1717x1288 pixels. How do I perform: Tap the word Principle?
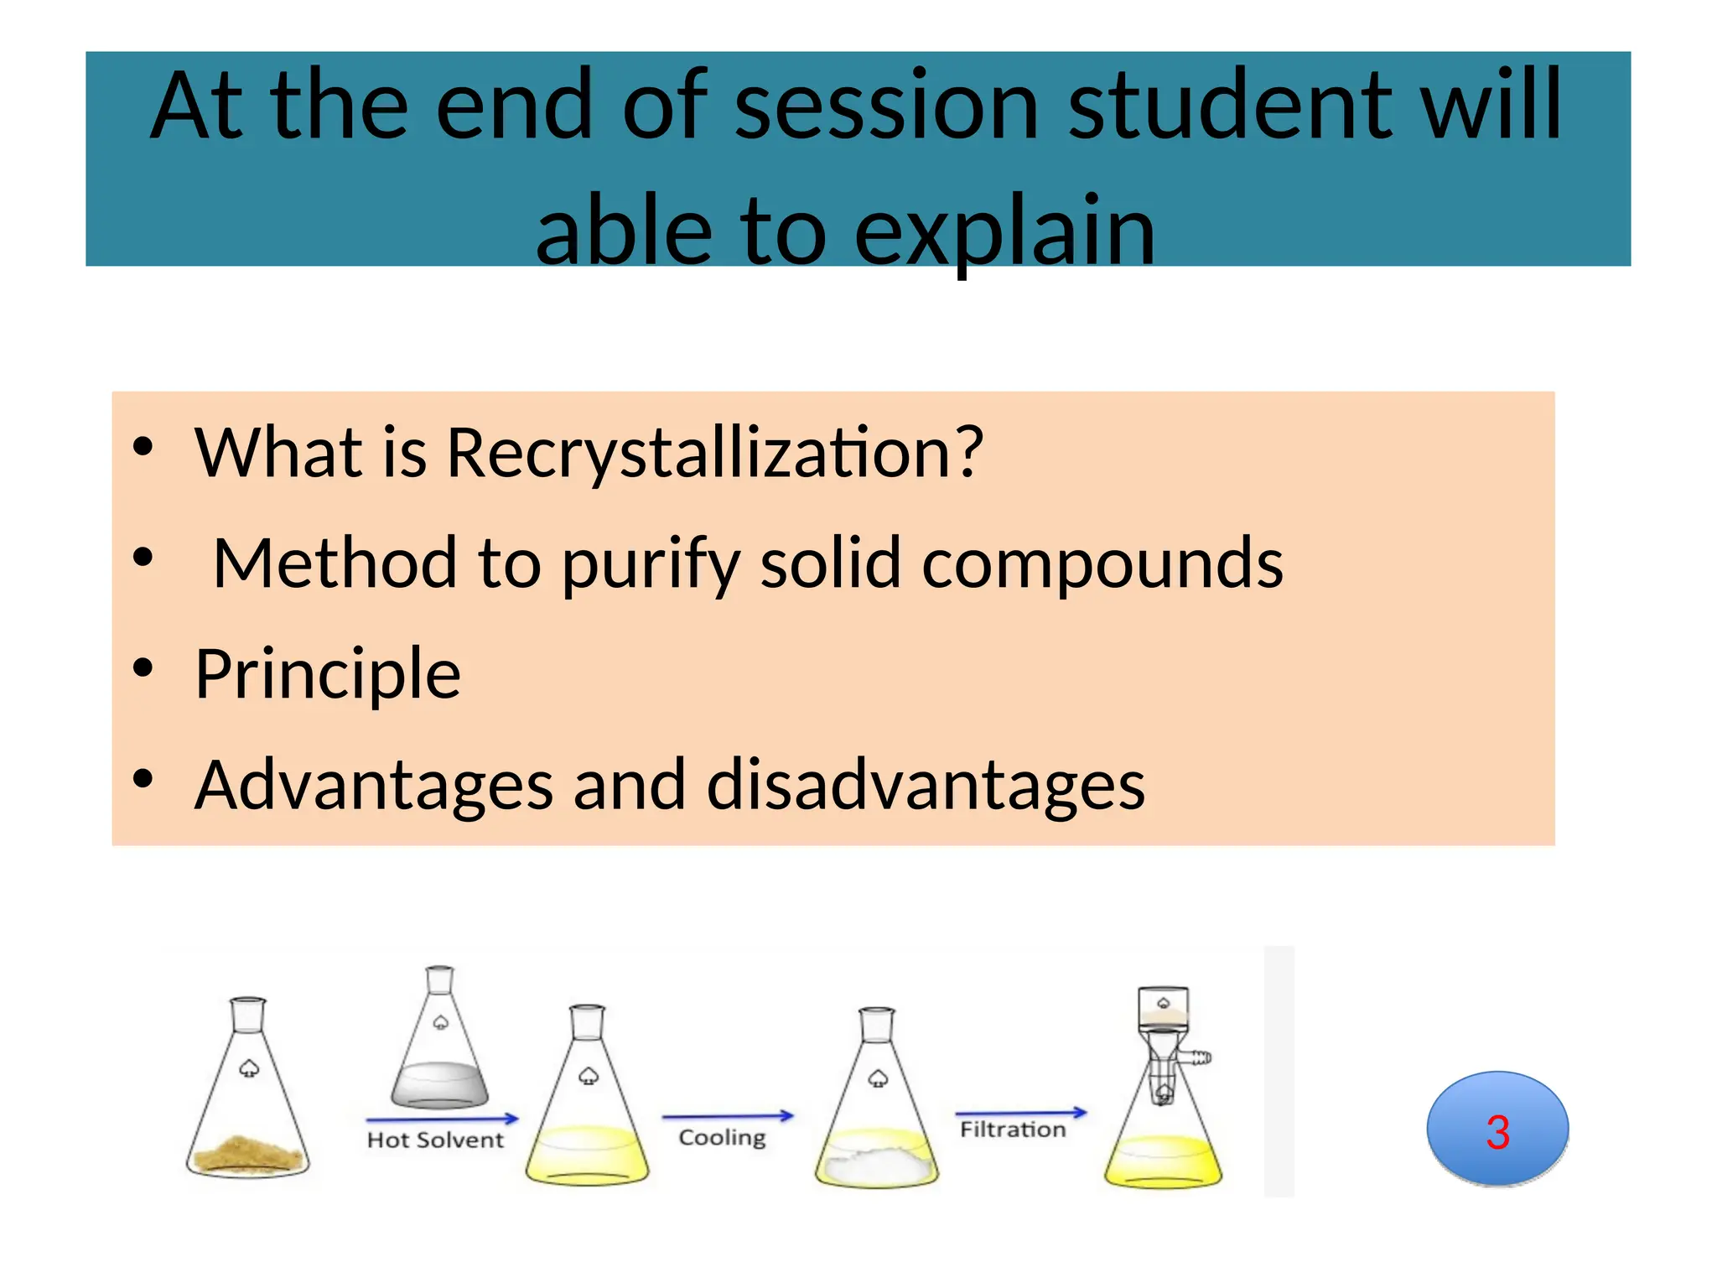click(327, 674)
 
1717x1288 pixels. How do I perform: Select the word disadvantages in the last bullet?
click(926, 786)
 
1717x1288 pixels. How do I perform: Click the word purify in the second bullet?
click(651, 565)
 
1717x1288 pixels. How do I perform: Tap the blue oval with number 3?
click(1497, 1130)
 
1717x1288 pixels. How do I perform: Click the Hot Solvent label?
click(435, 1140)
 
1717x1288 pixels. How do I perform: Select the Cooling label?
click(722, 1138)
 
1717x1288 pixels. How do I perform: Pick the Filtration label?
click(1013, 1130)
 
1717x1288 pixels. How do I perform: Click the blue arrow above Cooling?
click(727, 1116)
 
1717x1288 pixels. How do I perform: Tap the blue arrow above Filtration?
click(1020, 1114)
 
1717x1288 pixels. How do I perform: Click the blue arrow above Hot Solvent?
click(442, 1119)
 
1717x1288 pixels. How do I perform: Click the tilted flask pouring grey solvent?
click(439, 1044)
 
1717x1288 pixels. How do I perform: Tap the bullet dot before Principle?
click(143, 669)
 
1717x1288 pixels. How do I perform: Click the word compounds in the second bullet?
click(1102, 565)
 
